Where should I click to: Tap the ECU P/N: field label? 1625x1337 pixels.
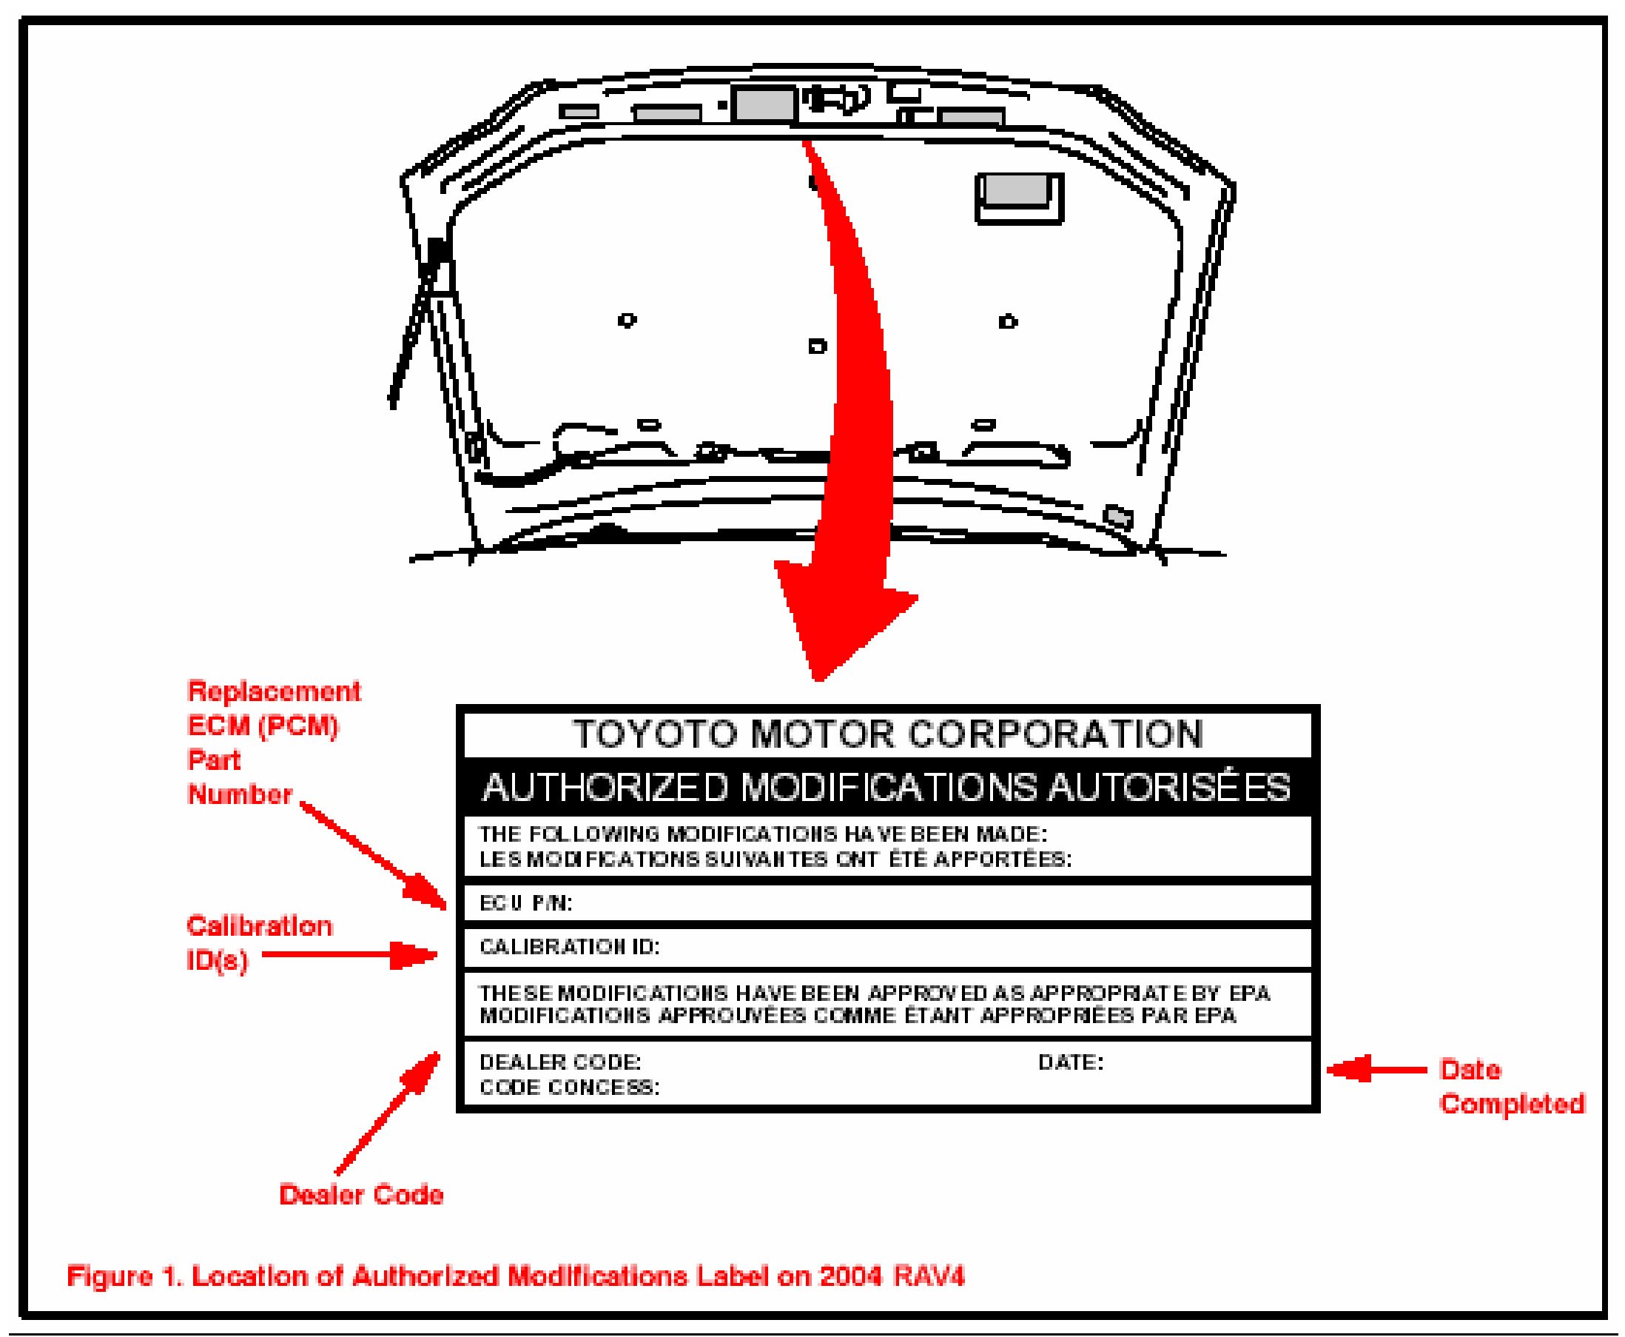pos(526,903)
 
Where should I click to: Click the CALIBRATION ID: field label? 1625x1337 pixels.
pos(569,947)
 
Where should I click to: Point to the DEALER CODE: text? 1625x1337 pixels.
pos(559,1062)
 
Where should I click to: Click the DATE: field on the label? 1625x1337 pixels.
pos(1070,1062)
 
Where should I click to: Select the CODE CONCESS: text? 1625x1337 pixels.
pos(569,1087)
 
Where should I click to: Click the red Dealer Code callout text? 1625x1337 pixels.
pos(361,1195)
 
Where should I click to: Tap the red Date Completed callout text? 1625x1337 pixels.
pos(1511,1086)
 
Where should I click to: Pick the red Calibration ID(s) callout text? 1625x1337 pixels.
pos(259,942)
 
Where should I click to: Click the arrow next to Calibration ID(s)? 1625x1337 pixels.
pos(350,956)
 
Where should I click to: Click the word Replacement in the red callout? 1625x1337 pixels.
pos(274,691)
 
